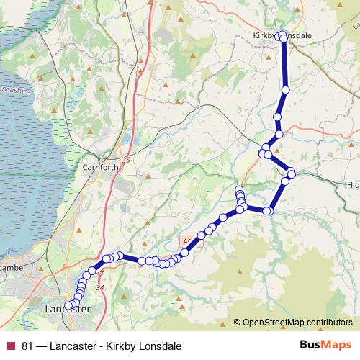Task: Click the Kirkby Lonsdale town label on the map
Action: (x=282, y=35)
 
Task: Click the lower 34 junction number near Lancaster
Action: (x=99, y=288)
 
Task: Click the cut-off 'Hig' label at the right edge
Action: (x=353, y=185)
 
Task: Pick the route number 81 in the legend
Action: (x=27, y=346)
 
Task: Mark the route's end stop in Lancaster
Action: (x=68, y=306)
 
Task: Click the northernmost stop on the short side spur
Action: (x=240, y=190)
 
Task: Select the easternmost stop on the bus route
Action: (x=292, y=172)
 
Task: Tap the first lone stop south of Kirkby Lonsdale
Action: (x=286, y=90)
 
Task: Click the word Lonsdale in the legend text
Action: (x=158, y=346)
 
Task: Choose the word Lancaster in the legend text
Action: (x=73, y=346)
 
